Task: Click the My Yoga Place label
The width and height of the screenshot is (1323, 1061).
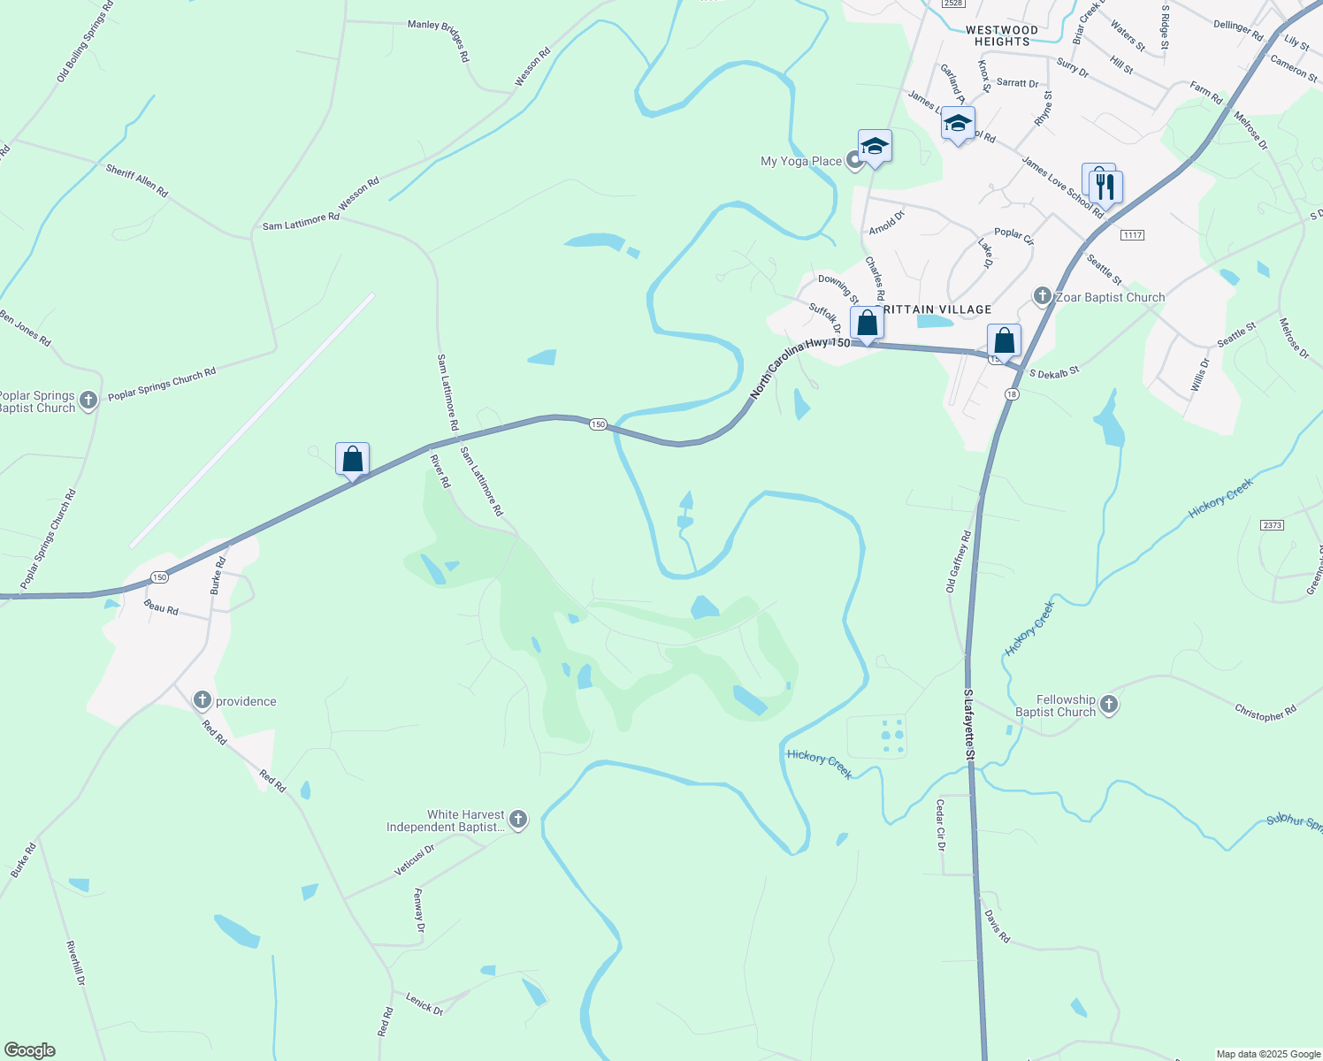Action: point(801,161)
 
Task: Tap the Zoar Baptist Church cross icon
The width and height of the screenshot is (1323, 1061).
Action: point(1043,296)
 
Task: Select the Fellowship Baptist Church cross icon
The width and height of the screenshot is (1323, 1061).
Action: point(1109,705)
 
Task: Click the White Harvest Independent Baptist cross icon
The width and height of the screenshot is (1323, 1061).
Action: point(518,820)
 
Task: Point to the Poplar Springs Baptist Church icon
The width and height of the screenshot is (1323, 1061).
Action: point(88,401)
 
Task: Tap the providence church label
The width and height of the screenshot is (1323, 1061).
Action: point(246,701)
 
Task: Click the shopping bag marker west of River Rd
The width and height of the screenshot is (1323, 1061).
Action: point(352,460)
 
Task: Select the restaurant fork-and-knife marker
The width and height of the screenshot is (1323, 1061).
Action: point(1104,186)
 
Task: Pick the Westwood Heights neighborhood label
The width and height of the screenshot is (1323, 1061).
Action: point(1002,35)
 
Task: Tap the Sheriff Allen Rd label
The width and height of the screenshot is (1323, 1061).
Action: point(136,180)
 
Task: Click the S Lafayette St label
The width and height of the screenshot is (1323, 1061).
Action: point(968,724)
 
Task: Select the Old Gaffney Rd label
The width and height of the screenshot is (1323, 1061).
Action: point(959,561)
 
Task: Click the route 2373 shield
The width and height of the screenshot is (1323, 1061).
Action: point(1272,525)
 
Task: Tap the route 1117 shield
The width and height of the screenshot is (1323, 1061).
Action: point(1132,234)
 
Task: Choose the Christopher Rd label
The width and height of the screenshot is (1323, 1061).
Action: point(1266,713)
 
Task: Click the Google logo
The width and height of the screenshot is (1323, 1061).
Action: point(30,1050)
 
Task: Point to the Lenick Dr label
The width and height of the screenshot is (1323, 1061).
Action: point(424,1004)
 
